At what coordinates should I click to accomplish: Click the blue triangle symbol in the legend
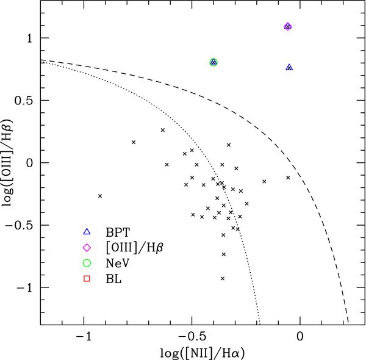87,231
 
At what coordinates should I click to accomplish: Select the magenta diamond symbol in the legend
87,247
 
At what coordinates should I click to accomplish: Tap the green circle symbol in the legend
87,263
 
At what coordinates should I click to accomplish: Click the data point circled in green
213,62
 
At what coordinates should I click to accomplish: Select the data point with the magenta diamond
288,27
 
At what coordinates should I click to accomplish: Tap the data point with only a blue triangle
290,68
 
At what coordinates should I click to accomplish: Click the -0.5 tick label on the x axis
192,336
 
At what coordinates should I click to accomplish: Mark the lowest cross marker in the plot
223,279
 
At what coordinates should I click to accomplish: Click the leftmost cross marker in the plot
100,196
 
